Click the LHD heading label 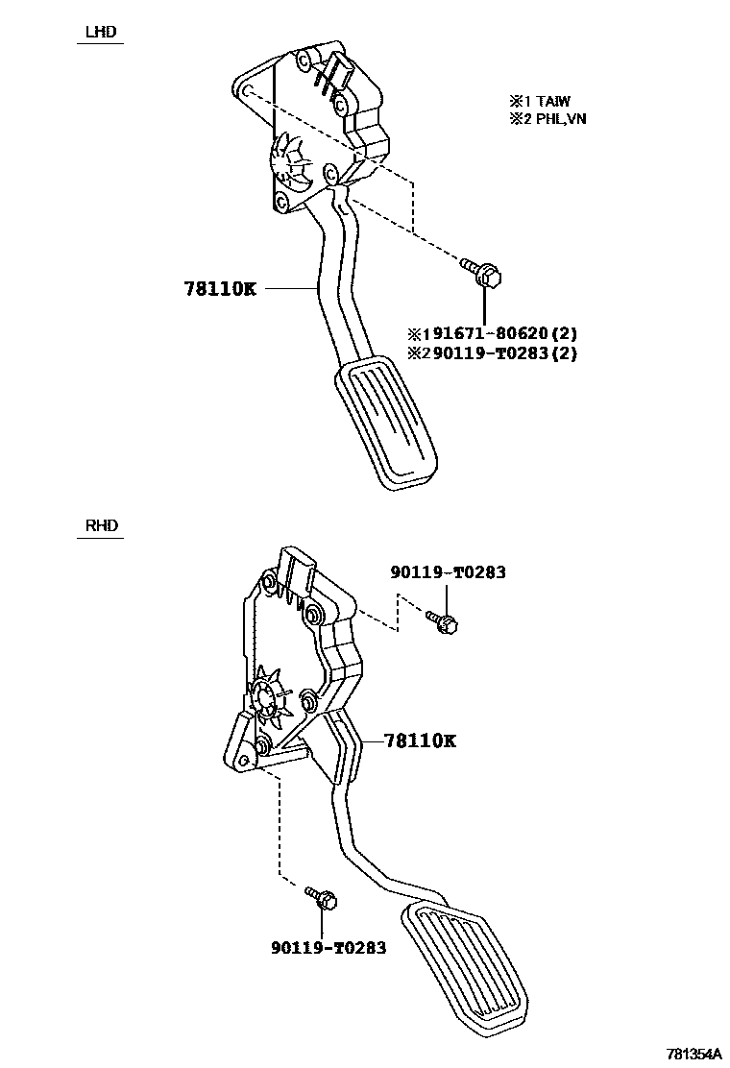[x=100, y=32]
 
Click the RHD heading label [x=100, y=525]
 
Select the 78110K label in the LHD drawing [x=220, y=287]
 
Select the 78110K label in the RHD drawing [x=420, y=740]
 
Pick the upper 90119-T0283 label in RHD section [x=448, y=572]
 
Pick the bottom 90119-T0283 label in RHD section [x=328, y=947]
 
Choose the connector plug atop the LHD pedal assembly [x=336, y=72]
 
